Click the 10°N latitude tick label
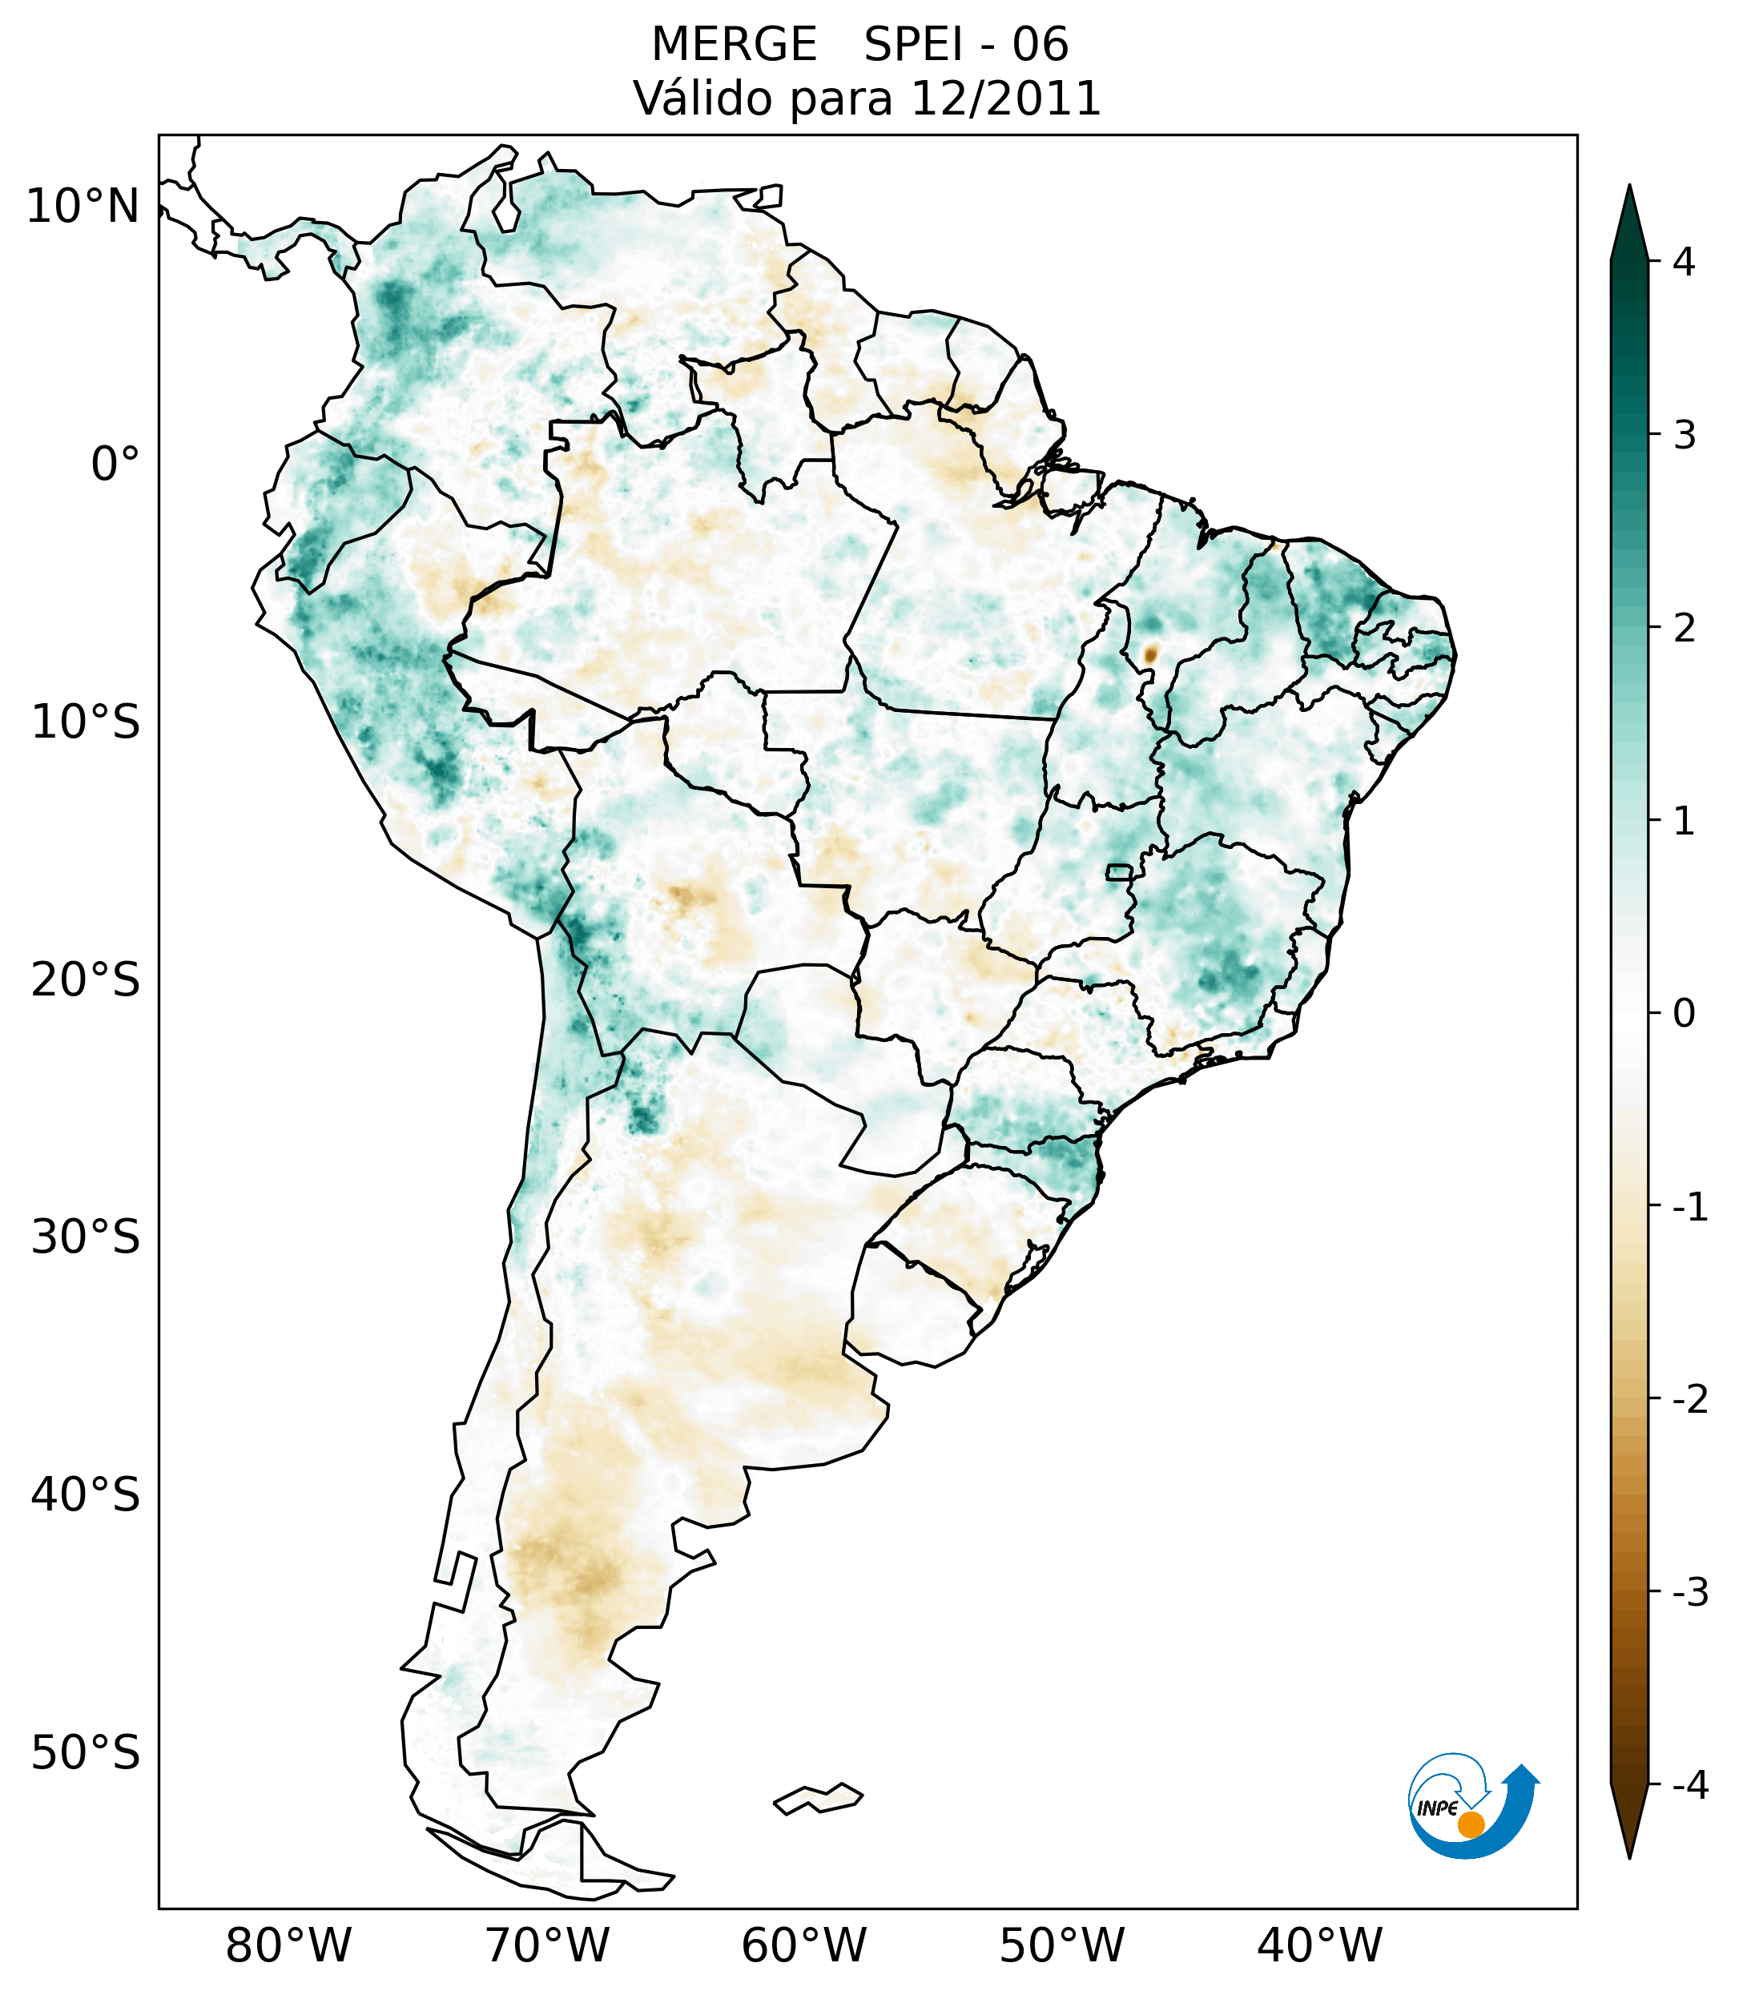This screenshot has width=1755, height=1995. [x=83, y=207]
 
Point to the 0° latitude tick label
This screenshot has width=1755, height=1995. [x=115, y=464]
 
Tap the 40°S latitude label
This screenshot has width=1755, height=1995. [x=86, y=1494]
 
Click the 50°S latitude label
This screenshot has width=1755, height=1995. [x=86, y=1753]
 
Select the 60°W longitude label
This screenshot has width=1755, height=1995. [x=803, y=1945]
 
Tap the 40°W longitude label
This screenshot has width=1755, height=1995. [x=1320, y=1945]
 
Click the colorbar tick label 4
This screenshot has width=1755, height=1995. [x=1684, y=262]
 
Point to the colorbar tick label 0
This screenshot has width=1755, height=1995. [x=1684, y=1014]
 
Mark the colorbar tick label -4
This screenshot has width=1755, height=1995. [x=1689, y=1785]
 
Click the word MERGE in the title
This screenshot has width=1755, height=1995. [x=734, y=45]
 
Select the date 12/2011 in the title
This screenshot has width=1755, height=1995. [x=1005, y=99]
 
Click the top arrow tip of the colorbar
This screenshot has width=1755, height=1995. [x=1628, y=188]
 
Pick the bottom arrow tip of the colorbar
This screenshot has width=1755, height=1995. [x=1628, y=1855]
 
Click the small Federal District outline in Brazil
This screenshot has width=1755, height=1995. [x=1120, y=871]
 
